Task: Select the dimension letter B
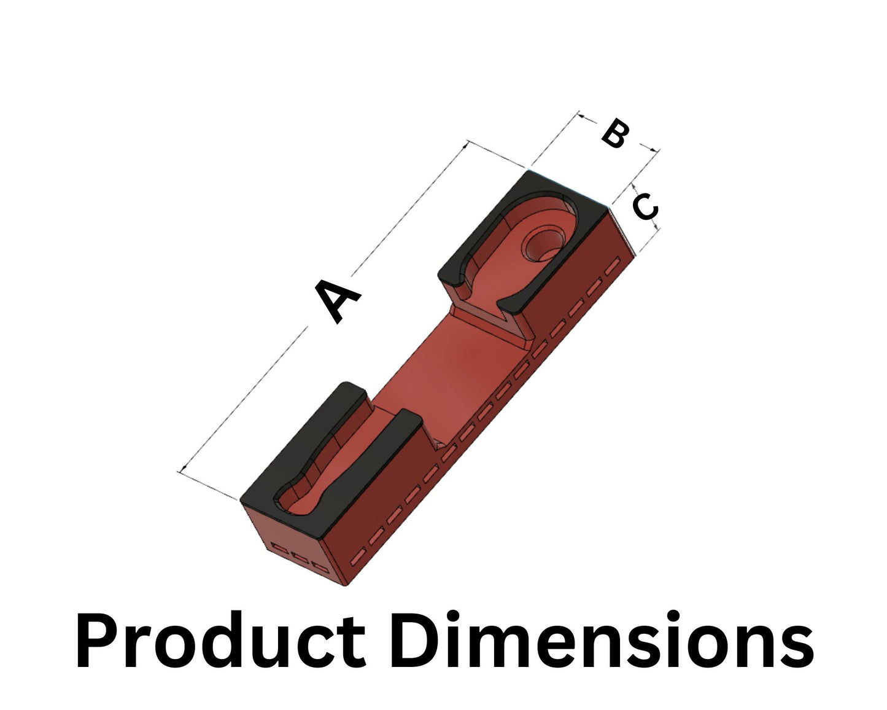pos(614,133)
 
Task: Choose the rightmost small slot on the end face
pos(319,565)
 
